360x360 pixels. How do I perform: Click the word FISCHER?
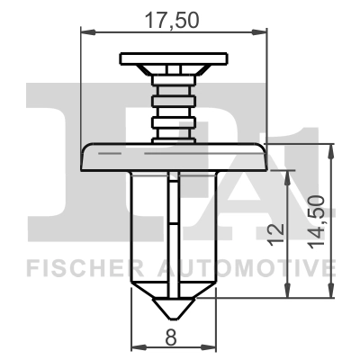pyautogui.click(x=76, y=267)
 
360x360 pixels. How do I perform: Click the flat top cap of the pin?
pyautogui.click(x=171, y=60)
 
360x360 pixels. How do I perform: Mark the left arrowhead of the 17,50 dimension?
pyautogui.click(x=86, y=33)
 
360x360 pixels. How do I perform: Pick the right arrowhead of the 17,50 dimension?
pyautogui.click(x=263, y=33)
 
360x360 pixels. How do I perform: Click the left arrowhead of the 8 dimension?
pyautogui.click(x=136, y=346)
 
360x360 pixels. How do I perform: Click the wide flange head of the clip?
pyautogui.click(x=173, y=157)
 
